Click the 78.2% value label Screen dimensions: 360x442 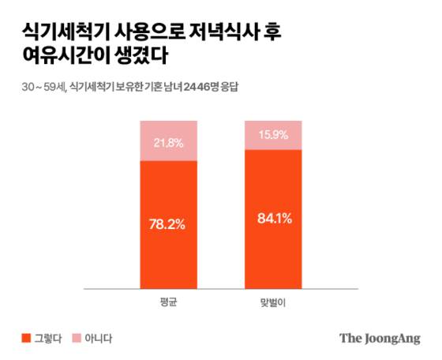tap(167, 224)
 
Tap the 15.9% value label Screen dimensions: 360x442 tap(273, 137)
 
